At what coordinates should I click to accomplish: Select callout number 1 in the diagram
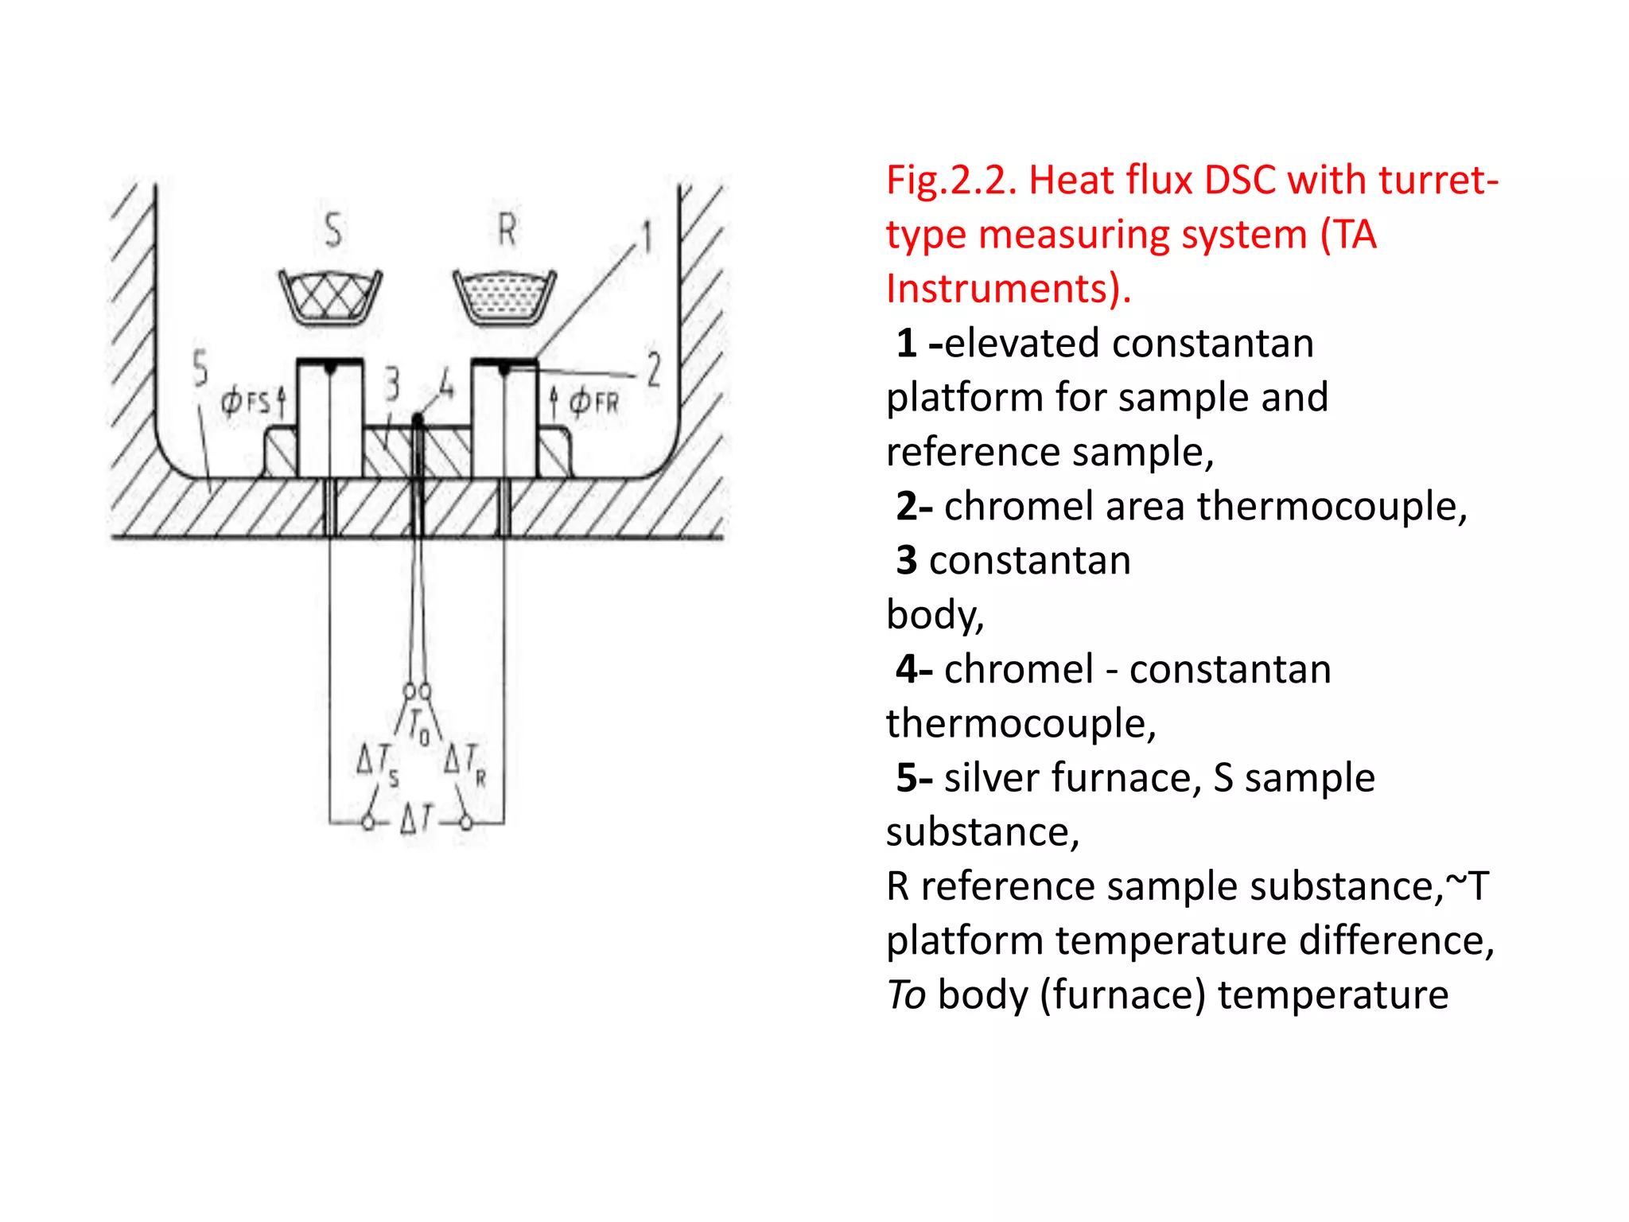click(647, 237)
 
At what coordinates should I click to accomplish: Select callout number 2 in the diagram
click(654, 369)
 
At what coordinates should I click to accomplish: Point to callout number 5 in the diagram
click(200, 368)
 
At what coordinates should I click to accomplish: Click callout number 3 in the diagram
click(391, 384)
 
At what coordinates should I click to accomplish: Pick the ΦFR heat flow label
click(593, 402)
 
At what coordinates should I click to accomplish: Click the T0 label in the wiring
click(418, 726)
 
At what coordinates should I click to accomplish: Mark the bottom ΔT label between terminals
click(416, 818)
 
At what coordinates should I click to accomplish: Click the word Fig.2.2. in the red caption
click(951, 180)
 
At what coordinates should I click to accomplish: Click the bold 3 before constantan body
click(907, 560)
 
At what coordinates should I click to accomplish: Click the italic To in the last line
click(906, 994)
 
